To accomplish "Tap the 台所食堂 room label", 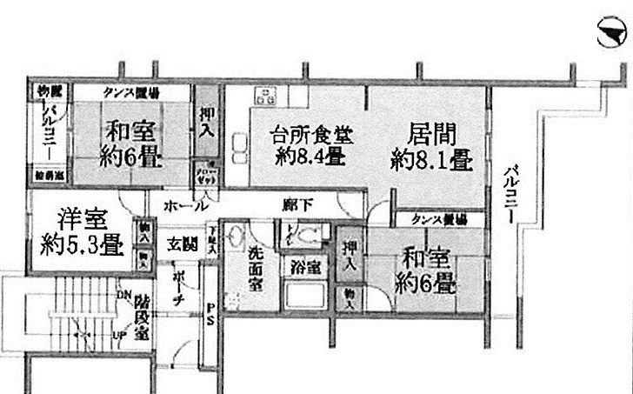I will pos(305,137).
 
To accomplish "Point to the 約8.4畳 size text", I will pos(310,158).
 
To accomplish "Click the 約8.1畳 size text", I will pos(431,160).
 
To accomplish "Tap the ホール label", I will pos(185,206).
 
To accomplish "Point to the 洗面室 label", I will pos(256,267).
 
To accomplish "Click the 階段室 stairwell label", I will pos(144,317).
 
